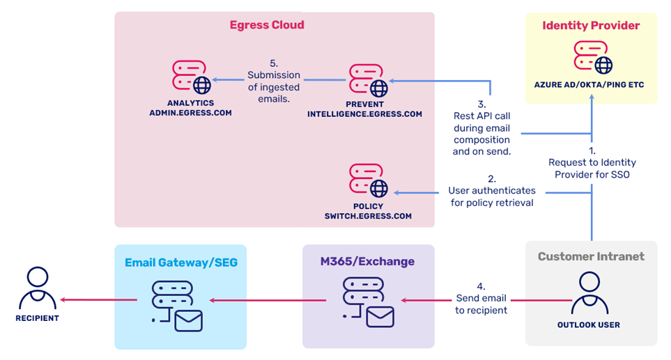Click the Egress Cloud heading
tap(267, 25)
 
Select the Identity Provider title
tap(591, 26)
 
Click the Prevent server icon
tap(368, 80)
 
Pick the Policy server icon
tap(368, 180)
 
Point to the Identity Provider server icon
tap(593, 57)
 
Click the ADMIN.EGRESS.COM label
tap(190, 112)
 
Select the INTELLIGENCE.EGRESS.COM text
tap(364, 114)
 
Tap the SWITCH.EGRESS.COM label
tap(368, 216)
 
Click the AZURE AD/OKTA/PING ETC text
tap(591, 86)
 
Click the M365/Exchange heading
tap(367, 262)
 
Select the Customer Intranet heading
tap(591, 256)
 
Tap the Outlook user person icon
tap(589, 292)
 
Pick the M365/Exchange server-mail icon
tap(368, 302)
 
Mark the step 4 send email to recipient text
tap(481, 298)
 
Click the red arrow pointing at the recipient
tap(98, 300)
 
